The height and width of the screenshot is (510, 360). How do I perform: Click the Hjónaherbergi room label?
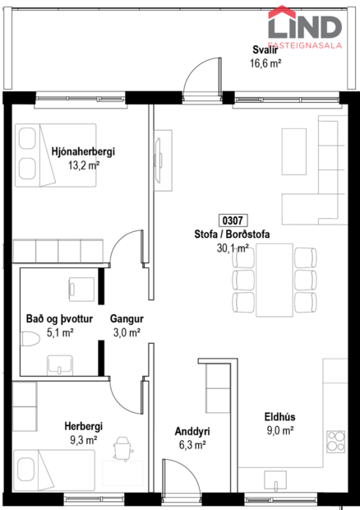click(x=82, y=151)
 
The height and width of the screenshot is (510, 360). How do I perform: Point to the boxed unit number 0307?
click(x=232, y=220)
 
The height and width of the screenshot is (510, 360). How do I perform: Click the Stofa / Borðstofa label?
click(x=232, y=234)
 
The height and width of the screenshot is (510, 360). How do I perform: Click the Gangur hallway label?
click(x=127, y=319)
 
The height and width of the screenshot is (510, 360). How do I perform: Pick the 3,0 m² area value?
click(x=127, y=332)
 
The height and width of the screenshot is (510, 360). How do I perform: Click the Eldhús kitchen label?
click(x=279, y=416)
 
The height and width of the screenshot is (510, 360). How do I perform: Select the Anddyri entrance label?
click(x=192, y=430)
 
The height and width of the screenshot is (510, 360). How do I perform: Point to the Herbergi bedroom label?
click(x=82, y=426)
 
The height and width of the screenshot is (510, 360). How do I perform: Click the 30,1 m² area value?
click(x=232, y=247)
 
